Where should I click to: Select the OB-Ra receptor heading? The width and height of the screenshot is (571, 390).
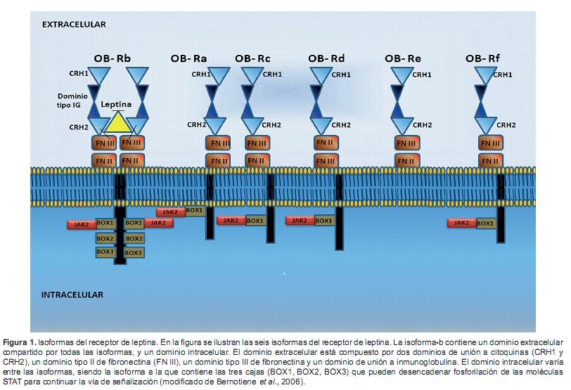(188, 58)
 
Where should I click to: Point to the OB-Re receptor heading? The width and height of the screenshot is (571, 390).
(404, 58)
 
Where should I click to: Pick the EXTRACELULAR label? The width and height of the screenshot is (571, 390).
(74, 24)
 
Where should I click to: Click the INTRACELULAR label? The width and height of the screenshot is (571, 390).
(72, 294)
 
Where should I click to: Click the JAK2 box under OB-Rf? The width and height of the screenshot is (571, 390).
(462, 223)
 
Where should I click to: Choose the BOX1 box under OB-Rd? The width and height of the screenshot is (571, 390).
(324, 221)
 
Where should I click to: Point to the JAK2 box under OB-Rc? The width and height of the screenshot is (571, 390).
(231, 221)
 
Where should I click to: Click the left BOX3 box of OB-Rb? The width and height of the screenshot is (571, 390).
(105, 252)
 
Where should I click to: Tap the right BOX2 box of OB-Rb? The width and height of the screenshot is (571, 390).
(134, 238)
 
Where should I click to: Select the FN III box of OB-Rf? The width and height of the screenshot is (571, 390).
(490, 143)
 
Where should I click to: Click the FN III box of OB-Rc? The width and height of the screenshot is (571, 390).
(255, 143)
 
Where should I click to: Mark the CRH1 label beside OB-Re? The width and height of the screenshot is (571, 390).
(422, 74)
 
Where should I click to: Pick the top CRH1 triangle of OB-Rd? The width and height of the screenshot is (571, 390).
(321, 75)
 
